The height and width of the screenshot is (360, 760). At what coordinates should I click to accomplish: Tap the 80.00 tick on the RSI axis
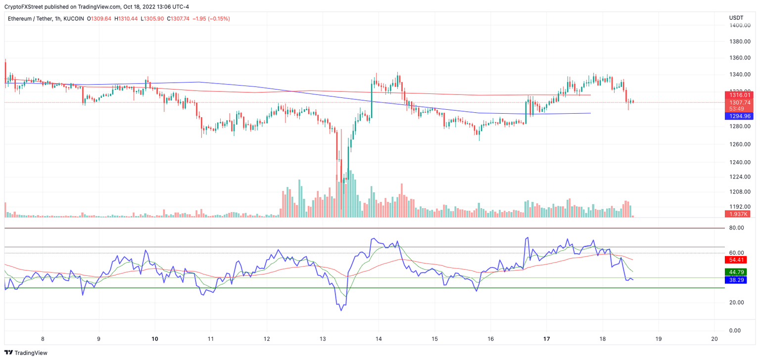737,228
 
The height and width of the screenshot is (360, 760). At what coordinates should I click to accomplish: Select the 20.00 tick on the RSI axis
737,303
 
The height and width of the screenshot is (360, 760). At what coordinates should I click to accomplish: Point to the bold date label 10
154,339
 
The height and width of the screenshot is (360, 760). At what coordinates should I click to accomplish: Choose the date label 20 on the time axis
713,339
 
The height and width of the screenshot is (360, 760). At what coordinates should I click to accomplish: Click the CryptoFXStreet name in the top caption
24,6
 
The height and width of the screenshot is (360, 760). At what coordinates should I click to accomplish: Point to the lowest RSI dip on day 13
341,310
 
